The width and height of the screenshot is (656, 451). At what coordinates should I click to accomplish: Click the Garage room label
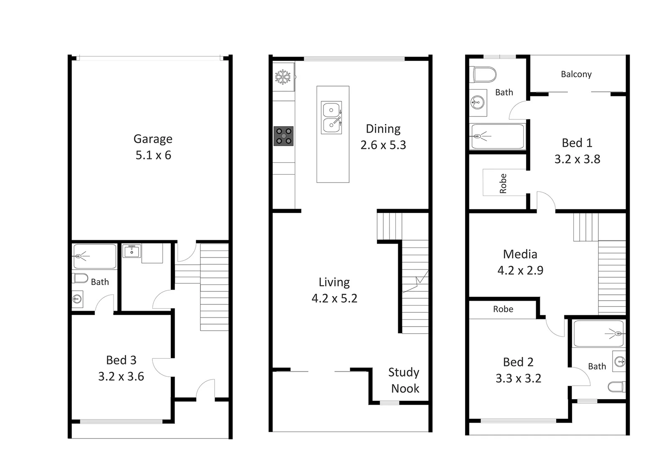click(153, 139)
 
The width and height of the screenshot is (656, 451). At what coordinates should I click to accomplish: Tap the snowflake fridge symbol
click(283, 77)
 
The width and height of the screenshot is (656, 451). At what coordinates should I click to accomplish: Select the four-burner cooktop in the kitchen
click(284, 136)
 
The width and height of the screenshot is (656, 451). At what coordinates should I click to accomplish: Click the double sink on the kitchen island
click(332, 117)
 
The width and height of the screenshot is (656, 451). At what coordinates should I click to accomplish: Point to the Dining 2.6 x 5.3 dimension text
click(383, 145)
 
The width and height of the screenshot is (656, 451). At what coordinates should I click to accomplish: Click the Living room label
click(334, 282)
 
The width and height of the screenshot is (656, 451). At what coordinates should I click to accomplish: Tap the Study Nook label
click(404, 380)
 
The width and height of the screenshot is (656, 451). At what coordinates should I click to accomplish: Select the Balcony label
click(576, 74)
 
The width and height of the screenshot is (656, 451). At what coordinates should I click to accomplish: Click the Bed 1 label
click(577, 143)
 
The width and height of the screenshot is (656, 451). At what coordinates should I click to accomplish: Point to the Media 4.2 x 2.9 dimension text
click(520, 271)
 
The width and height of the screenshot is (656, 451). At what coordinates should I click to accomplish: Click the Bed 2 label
click(518, 362)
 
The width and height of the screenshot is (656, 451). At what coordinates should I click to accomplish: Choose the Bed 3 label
click(121, 360)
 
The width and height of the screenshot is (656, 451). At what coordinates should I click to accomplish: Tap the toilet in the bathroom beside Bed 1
click(485, 75)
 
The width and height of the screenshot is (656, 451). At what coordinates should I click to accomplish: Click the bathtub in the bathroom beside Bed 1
click(497, 136)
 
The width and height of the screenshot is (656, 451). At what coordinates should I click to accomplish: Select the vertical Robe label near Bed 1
click(503, 183)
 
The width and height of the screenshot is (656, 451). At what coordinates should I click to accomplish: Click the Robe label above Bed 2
click(503, 309)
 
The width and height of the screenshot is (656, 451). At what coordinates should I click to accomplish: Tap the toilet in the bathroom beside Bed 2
click(617, 387)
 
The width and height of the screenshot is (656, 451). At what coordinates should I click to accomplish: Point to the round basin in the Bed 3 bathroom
click(77, 299)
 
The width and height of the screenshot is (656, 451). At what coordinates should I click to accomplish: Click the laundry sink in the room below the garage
click(132, 251)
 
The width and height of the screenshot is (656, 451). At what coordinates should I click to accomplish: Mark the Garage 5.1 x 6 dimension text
click(153, 155)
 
